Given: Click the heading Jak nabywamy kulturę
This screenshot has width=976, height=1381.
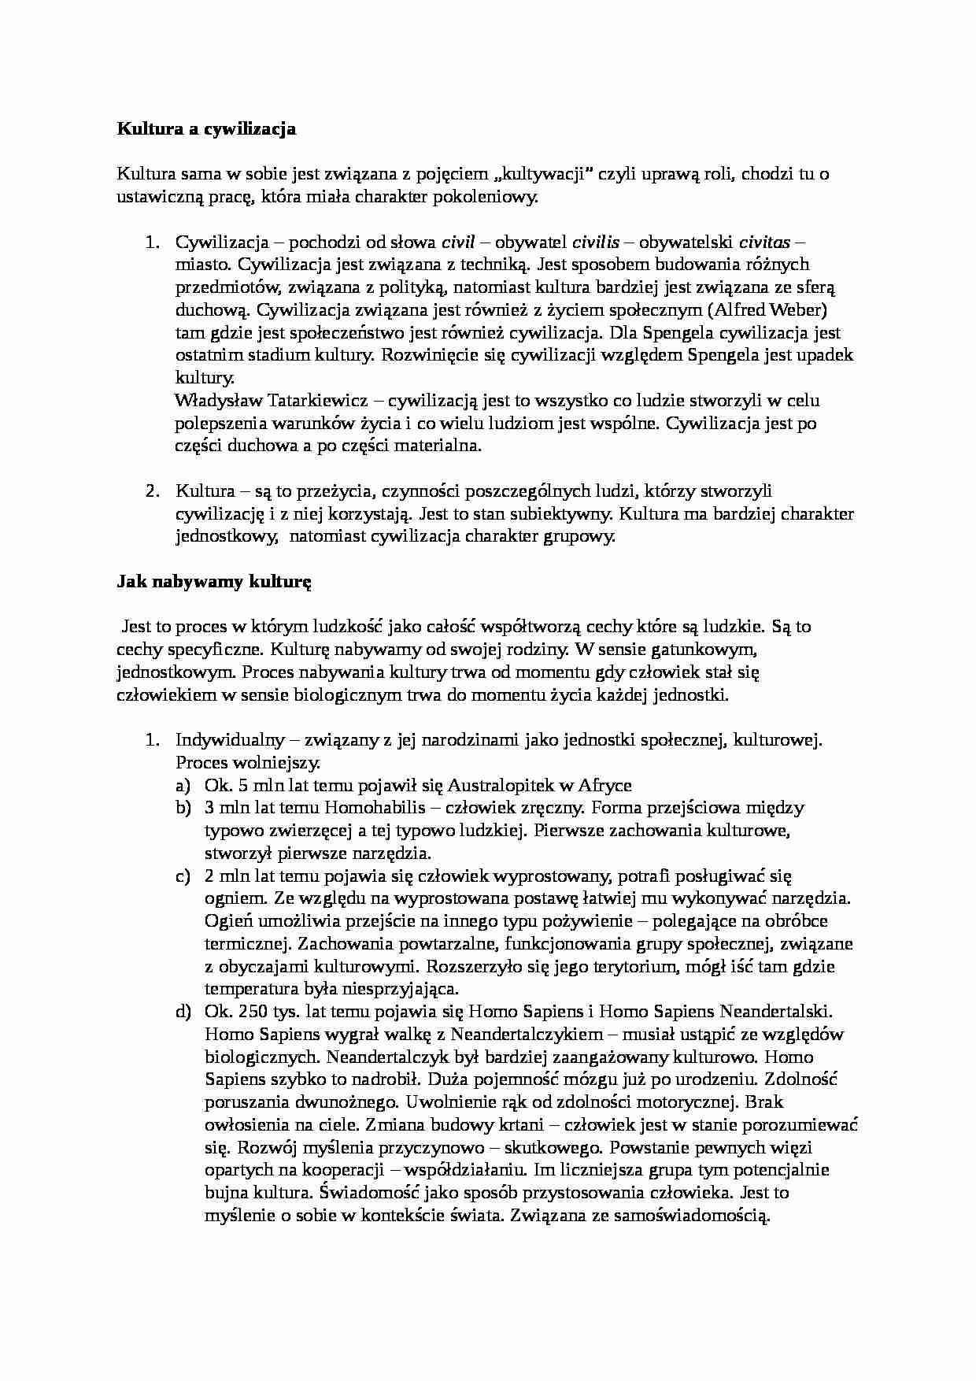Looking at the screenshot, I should click(214, 583).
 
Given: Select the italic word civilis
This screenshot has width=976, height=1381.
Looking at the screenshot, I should click(594, 242).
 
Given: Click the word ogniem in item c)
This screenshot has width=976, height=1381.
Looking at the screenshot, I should click(228, 898).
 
